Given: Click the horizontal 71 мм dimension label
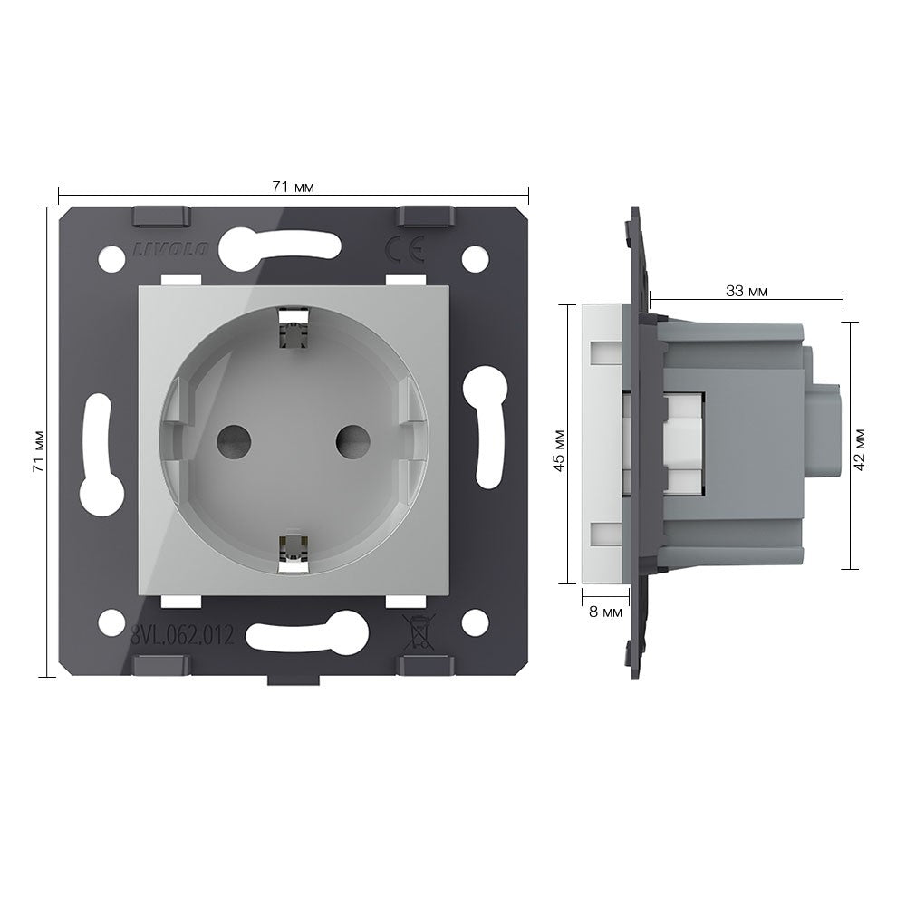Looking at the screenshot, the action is point(293,187).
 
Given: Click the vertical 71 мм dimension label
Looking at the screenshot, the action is point(39,451).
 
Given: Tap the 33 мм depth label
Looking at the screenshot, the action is point(747,291).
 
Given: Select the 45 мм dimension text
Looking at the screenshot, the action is point(559,450).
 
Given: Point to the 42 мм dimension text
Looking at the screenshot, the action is point(859,449).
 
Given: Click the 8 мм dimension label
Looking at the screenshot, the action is point(605,612).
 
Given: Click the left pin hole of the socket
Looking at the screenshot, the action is point(234,442).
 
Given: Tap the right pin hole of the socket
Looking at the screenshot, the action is point(353,442).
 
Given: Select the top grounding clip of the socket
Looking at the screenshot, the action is point(293,330).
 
